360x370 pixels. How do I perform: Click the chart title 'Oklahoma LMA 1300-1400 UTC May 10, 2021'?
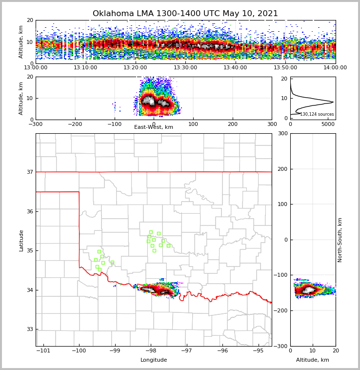[x=185, y=14]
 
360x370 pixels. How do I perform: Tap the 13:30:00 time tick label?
[x=185, y=68]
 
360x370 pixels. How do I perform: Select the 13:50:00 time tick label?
[x=285, y=68]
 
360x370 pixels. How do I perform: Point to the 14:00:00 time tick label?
[x=335, y=68]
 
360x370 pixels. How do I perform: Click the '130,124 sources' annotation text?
[x=317, y=114]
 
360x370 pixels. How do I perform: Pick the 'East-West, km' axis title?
[x=154, y=127]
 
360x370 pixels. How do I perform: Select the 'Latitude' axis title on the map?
[x=21, y=240]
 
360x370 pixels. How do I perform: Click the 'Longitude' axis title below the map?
[x=154, y=360]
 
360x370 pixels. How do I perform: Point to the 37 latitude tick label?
[x=29, y=172]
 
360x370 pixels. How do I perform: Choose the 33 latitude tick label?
[x=29, y=329]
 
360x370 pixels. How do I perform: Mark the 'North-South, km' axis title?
[x=340, y=240]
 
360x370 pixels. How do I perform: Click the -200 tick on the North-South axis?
[x=280, y=311]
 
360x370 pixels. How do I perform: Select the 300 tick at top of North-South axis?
[x=282, y=134]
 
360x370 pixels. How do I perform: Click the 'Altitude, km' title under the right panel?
[x=313, y=360]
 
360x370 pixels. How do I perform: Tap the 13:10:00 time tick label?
[x=85, y=68]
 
